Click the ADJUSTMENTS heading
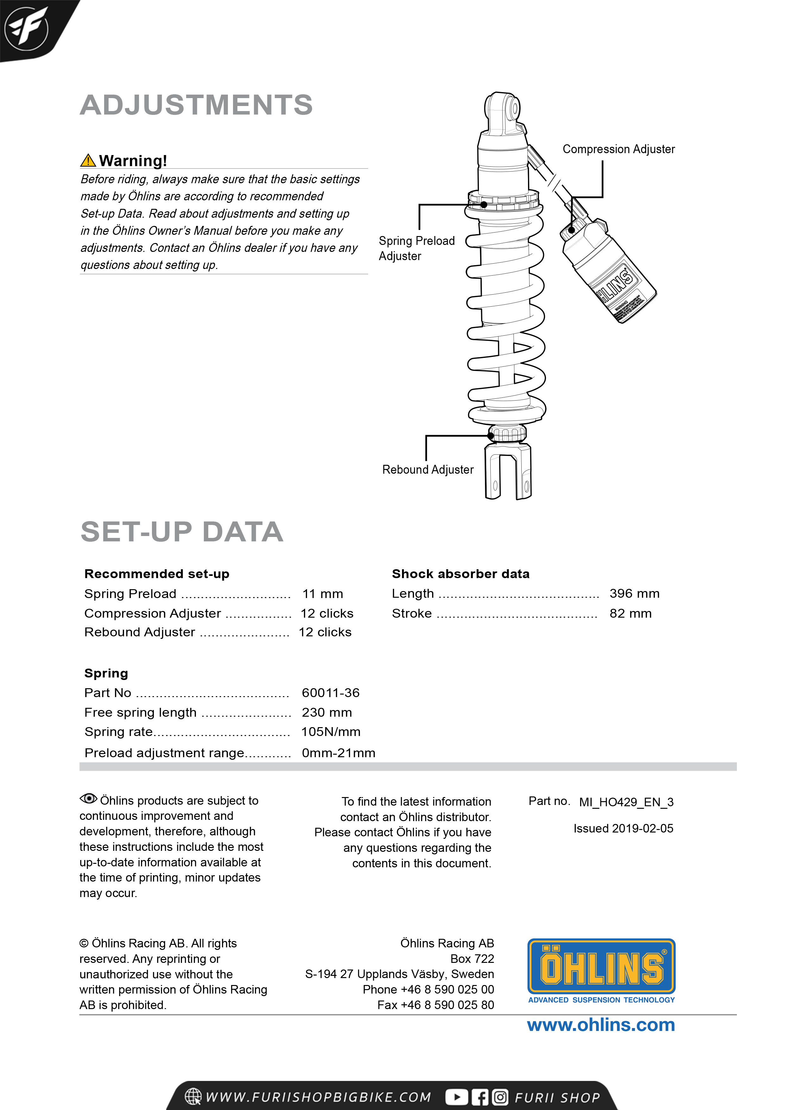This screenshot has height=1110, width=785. [x=196, y=105]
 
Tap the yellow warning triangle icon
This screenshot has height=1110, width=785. [x=88, y=160]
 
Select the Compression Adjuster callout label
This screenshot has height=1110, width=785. [x=618, y=149]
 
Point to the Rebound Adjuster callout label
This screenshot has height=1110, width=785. [x=428, y=470]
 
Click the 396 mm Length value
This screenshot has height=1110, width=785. [x=634, y=593]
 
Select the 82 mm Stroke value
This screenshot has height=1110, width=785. [x=630, y=614]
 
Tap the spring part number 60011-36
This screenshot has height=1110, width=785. [x=330, y=693]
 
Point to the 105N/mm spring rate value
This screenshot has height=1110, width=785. [x=331, y=732]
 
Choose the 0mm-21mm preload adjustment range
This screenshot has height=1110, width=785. [x=338, y=753]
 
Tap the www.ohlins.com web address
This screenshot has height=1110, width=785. [x=601, y=1025]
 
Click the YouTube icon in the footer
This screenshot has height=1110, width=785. [x=456, y=1097]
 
